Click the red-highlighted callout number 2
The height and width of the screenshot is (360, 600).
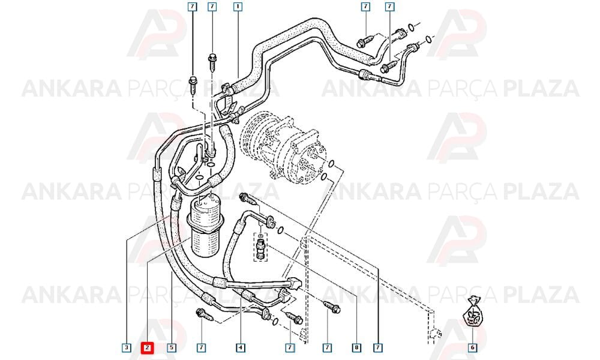coord(148,348)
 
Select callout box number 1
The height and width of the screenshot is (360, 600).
coord(238,7)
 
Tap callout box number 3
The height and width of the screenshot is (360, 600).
coord(127,348)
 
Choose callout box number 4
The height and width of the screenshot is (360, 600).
coord(241,348)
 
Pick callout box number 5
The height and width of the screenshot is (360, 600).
coord(172,348)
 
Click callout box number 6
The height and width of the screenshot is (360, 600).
coord(473,348)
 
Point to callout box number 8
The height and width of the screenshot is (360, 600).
coord(356,348)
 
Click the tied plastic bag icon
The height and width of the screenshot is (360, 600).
coord(473,312)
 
